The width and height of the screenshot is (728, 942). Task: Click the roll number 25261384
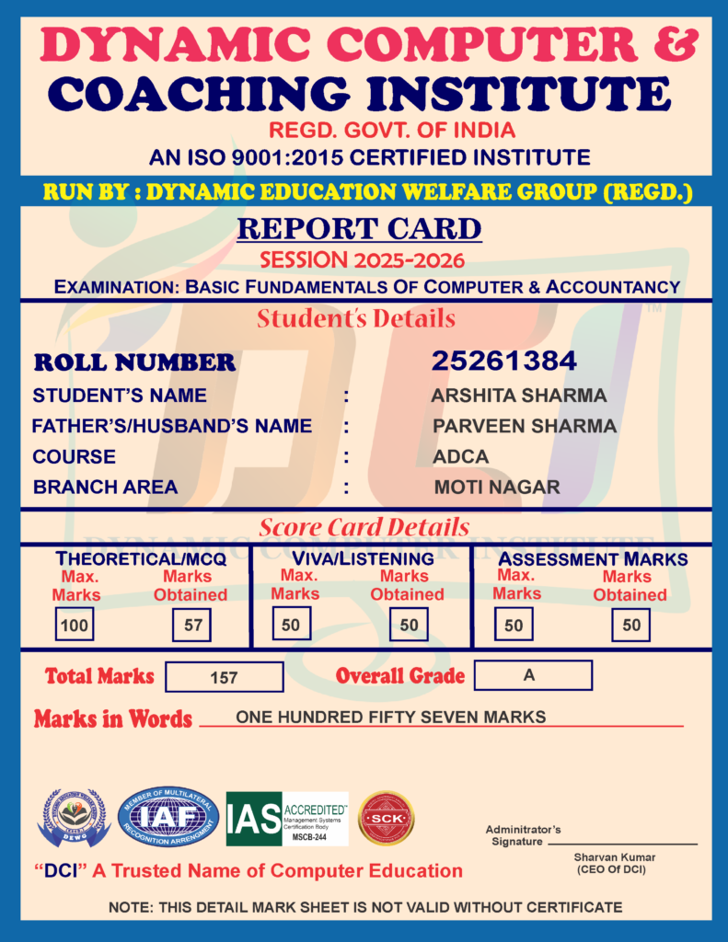point(504,362)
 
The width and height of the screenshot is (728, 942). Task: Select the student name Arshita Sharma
point(519,396)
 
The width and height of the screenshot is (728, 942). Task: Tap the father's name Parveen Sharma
point(525,426)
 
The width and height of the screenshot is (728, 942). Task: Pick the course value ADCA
point(461,456)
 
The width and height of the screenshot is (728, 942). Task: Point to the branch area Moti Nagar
point(497,488)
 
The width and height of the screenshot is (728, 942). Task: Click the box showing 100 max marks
point(74,626)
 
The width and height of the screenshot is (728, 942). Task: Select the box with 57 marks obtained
point(192,626)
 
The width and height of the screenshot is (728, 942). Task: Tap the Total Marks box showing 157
point(224,677)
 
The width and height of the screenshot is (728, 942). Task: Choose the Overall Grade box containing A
point(532,675)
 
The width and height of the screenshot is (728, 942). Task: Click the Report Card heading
point(359,228)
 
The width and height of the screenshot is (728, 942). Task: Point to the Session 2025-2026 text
point(362,259)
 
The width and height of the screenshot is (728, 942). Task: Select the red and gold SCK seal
point(386,818)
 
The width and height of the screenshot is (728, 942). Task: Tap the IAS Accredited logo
point(287,819)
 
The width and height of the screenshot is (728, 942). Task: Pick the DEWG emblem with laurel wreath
point(74,818)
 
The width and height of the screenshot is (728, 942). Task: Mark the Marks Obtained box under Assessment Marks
point(630,625)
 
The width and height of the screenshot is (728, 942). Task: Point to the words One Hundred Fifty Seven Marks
point(391,717)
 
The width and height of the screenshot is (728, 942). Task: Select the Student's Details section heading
point(356,319)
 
